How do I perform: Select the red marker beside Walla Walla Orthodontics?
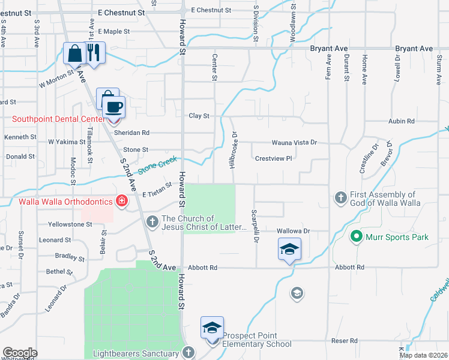coord(122,200)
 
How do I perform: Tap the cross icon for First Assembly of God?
coord(341,197)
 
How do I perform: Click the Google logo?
coord(20,353)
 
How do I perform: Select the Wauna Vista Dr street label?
coord(294,143)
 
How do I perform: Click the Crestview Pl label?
coord(273,159)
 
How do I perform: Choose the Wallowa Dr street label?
coord(292,231)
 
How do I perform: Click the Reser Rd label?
coord(345,341)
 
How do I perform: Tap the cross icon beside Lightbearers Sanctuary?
coord(189,353)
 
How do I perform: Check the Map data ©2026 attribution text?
coord(423,355)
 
